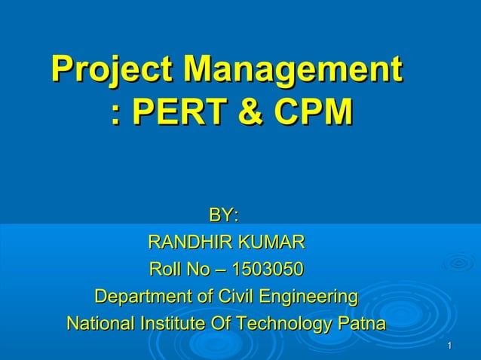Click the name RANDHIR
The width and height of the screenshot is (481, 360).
pyautogui.click(x=191, y=243)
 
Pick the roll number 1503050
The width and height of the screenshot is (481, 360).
pyautogui.click(x=268, y=269)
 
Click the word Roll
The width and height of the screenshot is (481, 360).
pyautogui.click(x=164, y=269)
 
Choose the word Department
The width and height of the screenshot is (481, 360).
pyautogui.click(x=141, y=296)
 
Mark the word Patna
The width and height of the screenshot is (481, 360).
pyautogui.click(x=363, y=324)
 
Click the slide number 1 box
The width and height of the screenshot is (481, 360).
pyautogui.click(x=449, y=345)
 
